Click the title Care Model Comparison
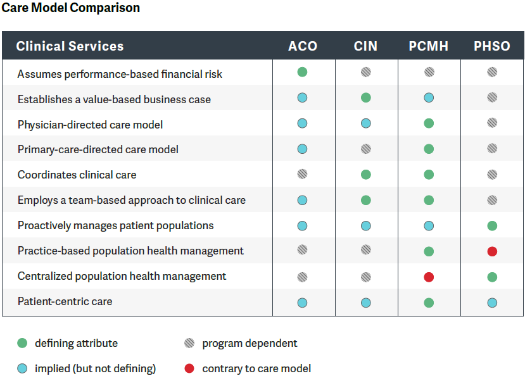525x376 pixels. point(70,8)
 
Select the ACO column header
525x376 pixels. point(303,46)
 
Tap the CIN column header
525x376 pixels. point(365,46)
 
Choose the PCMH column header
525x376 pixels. point(429,46)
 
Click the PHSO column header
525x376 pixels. point(492,46)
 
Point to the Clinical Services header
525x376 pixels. point(70,46)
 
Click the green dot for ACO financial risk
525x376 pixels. point(303,72)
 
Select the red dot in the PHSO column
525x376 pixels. point(492,251)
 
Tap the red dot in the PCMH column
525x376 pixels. point(429,277)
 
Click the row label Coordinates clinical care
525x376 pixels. point(77,175)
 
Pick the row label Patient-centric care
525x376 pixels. point(65,301)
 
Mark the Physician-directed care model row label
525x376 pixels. point(90,125)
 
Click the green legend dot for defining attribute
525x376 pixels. point(22,343)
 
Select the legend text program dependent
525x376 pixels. point(250,343)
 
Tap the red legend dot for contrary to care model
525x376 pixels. point(189,368)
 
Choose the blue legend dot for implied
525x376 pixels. point(22,368)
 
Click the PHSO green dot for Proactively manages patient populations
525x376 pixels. point(492,226)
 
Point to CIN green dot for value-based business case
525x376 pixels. point(365,97)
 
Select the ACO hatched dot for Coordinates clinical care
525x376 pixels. point(303,174)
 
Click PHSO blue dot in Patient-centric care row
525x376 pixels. point(492,303)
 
